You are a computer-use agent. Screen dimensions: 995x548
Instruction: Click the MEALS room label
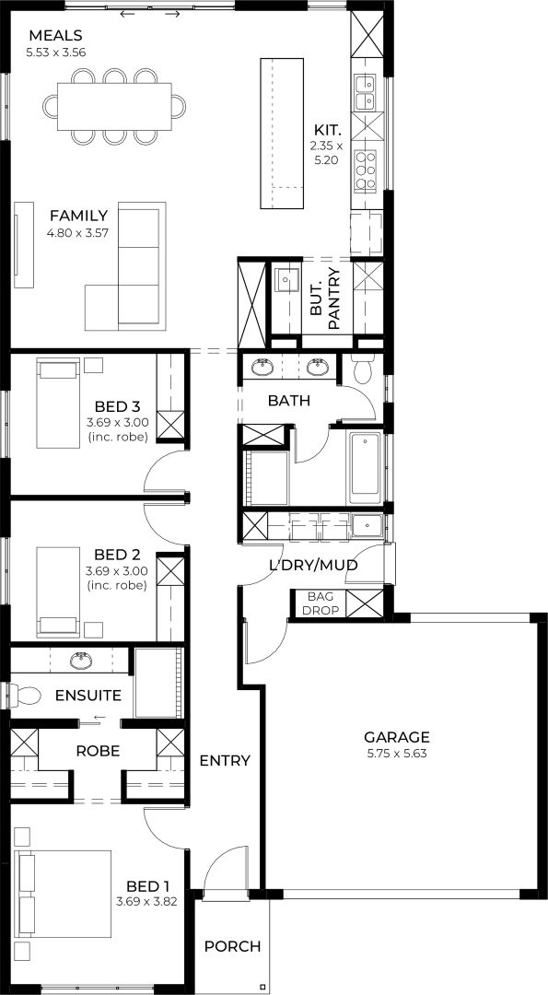(x=55, y=36)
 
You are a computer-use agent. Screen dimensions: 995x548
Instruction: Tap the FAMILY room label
(x=78, y=216)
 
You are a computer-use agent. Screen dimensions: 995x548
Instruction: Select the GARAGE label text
(x=396, y=737)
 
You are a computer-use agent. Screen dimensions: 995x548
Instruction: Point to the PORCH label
(x=232, y=946)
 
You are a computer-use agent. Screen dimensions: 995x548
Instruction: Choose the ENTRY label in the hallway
(x=225, y=760)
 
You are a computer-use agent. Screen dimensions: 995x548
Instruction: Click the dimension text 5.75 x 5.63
(x=396, y=753)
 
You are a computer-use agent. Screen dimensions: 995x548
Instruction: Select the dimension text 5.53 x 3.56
(x=56, y=53)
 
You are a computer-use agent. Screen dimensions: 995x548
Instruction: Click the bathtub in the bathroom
(x=366, y=467)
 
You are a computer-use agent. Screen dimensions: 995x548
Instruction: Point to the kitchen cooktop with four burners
(x=366, y=169)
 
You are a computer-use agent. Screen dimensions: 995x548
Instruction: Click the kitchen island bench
(x=281, y=133)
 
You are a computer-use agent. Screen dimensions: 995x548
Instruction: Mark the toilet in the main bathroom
(x=364, y=370)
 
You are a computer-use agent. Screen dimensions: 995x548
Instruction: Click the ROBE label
(x=98, y=751)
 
